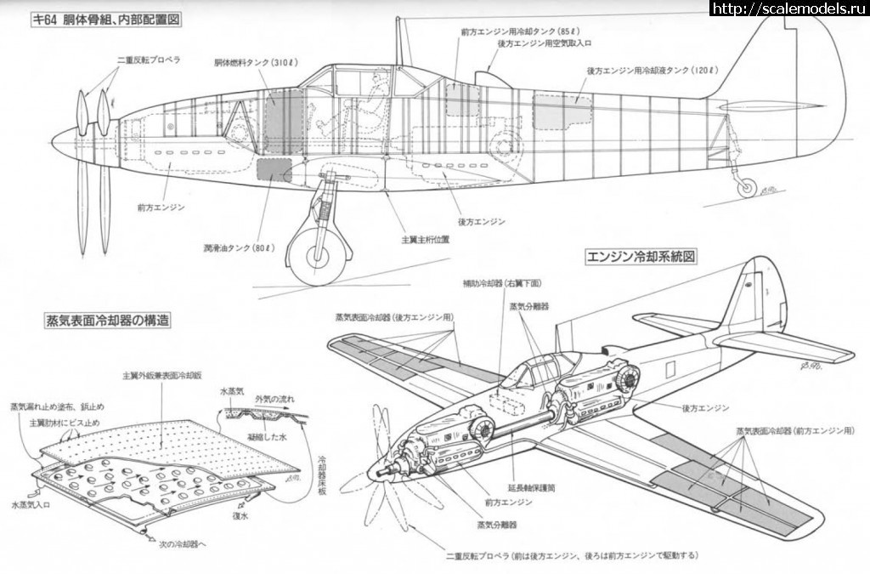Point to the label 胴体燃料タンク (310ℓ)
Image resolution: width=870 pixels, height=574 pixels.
click(x=255, y=62)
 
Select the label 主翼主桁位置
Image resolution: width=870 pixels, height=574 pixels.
click(x=426, y=240)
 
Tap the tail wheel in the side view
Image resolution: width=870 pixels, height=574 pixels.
click(x=747, y=188)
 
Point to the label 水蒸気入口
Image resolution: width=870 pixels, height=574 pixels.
click(x=32, y=504)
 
